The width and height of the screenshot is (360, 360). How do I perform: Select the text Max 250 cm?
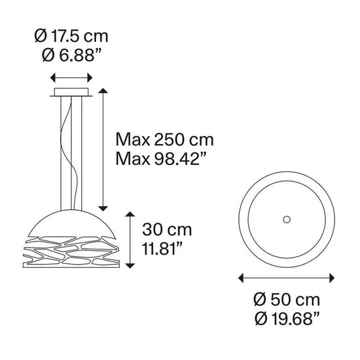pos(164,139)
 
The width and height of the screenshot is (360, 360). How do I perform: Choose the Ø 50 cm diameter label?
pos(286,300)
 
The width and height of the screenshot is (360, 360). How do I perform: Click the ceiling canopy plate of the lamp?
pos(73,90)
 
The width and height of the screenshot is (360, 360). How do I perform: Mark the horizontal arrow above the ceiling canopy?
pos(73,76)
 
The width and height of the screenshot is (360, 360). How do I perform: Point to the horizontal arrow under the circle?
pos(286,278)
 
